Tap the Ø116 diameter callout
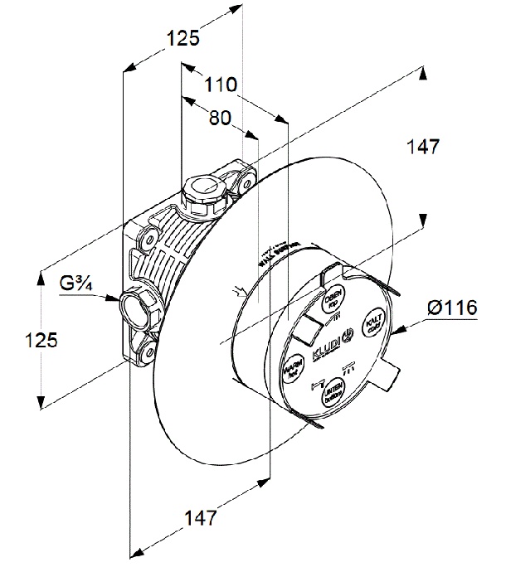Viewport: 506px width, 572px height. click(x=452, y=308)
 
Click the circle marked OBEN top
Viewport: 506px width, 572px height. click(x=333, y=297)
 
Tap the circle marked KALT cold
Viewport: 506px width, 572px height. click(x=372, y=321)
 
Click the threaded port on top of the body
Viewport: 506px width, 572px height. click(x=202, y=190)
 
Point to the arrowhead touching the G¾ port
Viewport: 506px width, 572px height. click(x=115, y=298)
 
